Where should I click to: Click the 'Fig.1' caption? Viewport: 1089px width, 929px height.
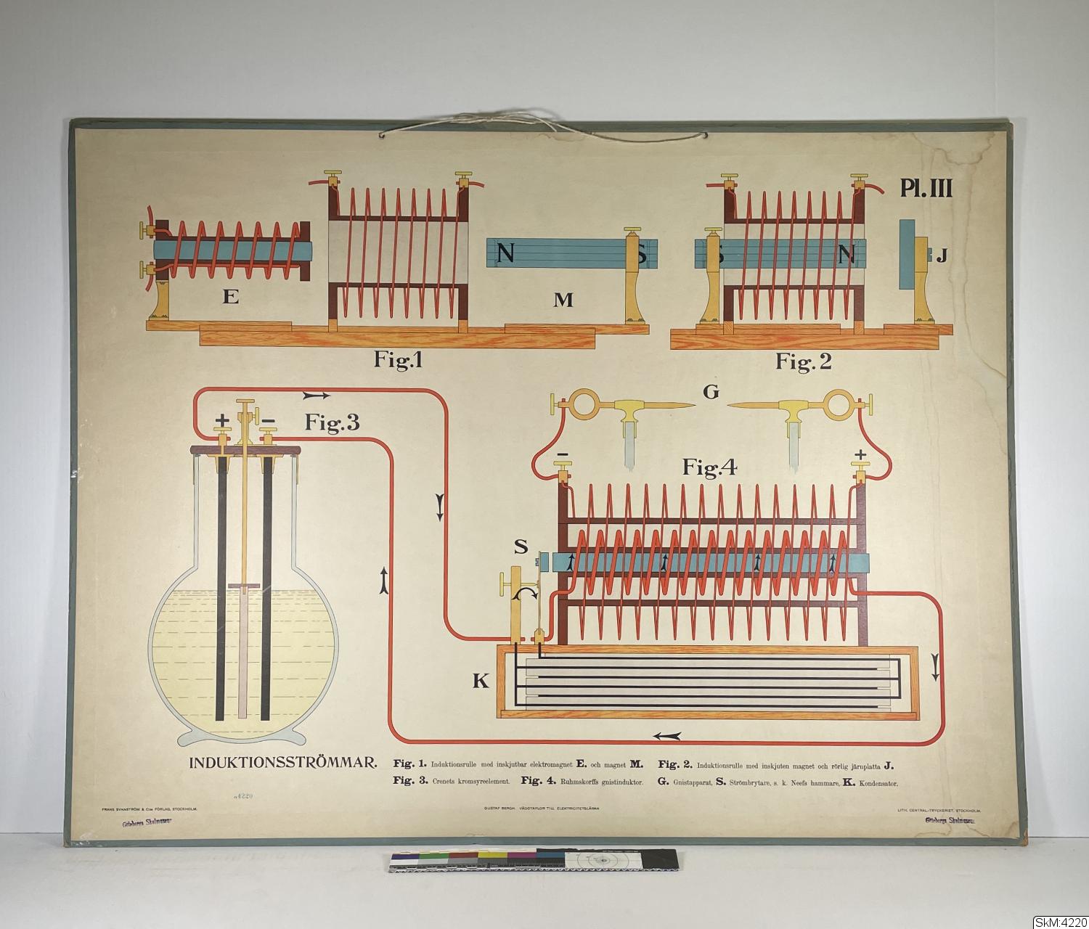pos(398,360)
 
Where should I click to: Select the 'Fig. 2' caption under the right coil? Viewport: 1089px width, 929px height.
pos(803,361)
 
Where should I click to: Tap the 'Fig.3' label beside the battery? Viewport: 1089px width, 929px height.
pos(332,423)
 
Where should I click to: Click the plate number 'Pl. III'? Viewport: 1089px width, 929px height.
pos(926,189)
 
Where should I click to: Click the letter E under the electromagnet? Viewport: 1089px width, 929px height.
pos(231,296)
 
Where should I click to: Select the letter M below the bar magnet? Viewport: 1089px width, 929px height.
pos(563,299)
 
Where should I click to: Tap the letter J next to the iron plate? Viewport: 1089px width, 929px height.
pos(941,255)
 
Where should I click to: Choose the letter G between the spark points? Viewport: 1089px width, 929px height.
pos(711,392)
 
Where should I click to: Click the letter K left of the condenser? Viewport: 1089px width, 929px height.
pos(481,681)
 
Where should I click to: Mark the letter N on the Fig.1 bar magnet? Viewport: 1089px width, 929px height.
pos(506,253)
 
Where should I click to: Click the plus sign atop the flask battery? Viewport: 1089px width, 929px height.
pos(223,420)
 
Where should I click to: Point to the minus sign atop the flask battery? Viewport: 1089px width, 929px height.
pos(268,420)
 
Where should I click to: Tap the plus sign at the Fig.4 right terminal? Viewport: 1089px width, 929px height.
pos(861,455)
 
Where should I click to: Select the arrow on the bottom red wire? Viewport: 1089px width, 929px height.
pos(668,736)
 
